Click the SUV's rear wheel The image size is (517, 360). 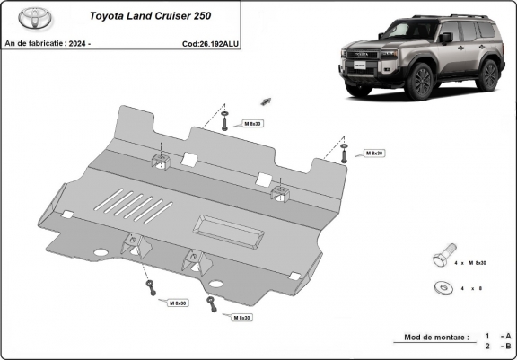coord(488,75)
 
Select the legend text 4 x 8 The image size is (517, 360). coord(472,289)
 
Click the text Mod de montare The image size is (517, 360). coord(430,337)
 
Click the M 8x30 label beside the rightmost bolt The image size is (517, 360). coord(374,154)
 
